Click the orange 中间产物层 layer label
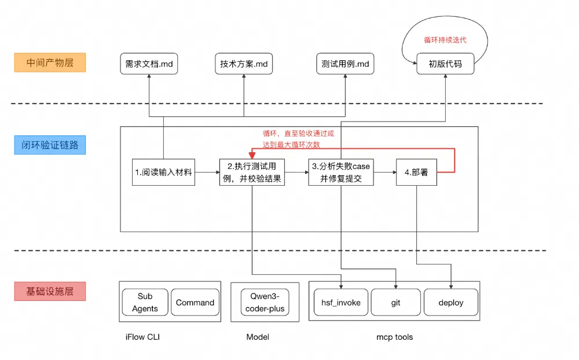[49, 63]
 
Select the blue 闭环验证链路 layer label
[50, 145]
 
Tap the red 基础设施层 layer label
[50, 291]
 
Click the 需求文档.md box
[149, 64]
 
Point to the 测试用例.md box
[345, 64]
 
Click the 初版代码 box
[445, 64]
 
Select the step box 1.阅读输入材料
[163, 172]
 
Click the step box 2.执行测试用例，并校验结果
[252, 172]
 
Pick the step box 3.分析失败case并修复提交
[340, 172]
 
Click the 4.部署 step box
[416, 172]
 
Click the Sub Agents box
[145, 302]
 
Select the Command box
[195, 302]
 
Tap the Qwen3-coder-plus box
[265, 302]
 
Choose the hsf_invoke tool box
[341, 302]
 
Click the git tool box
[395, 302]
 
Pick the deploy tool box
[451, 302]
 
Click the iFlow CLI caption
[142, 337]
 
